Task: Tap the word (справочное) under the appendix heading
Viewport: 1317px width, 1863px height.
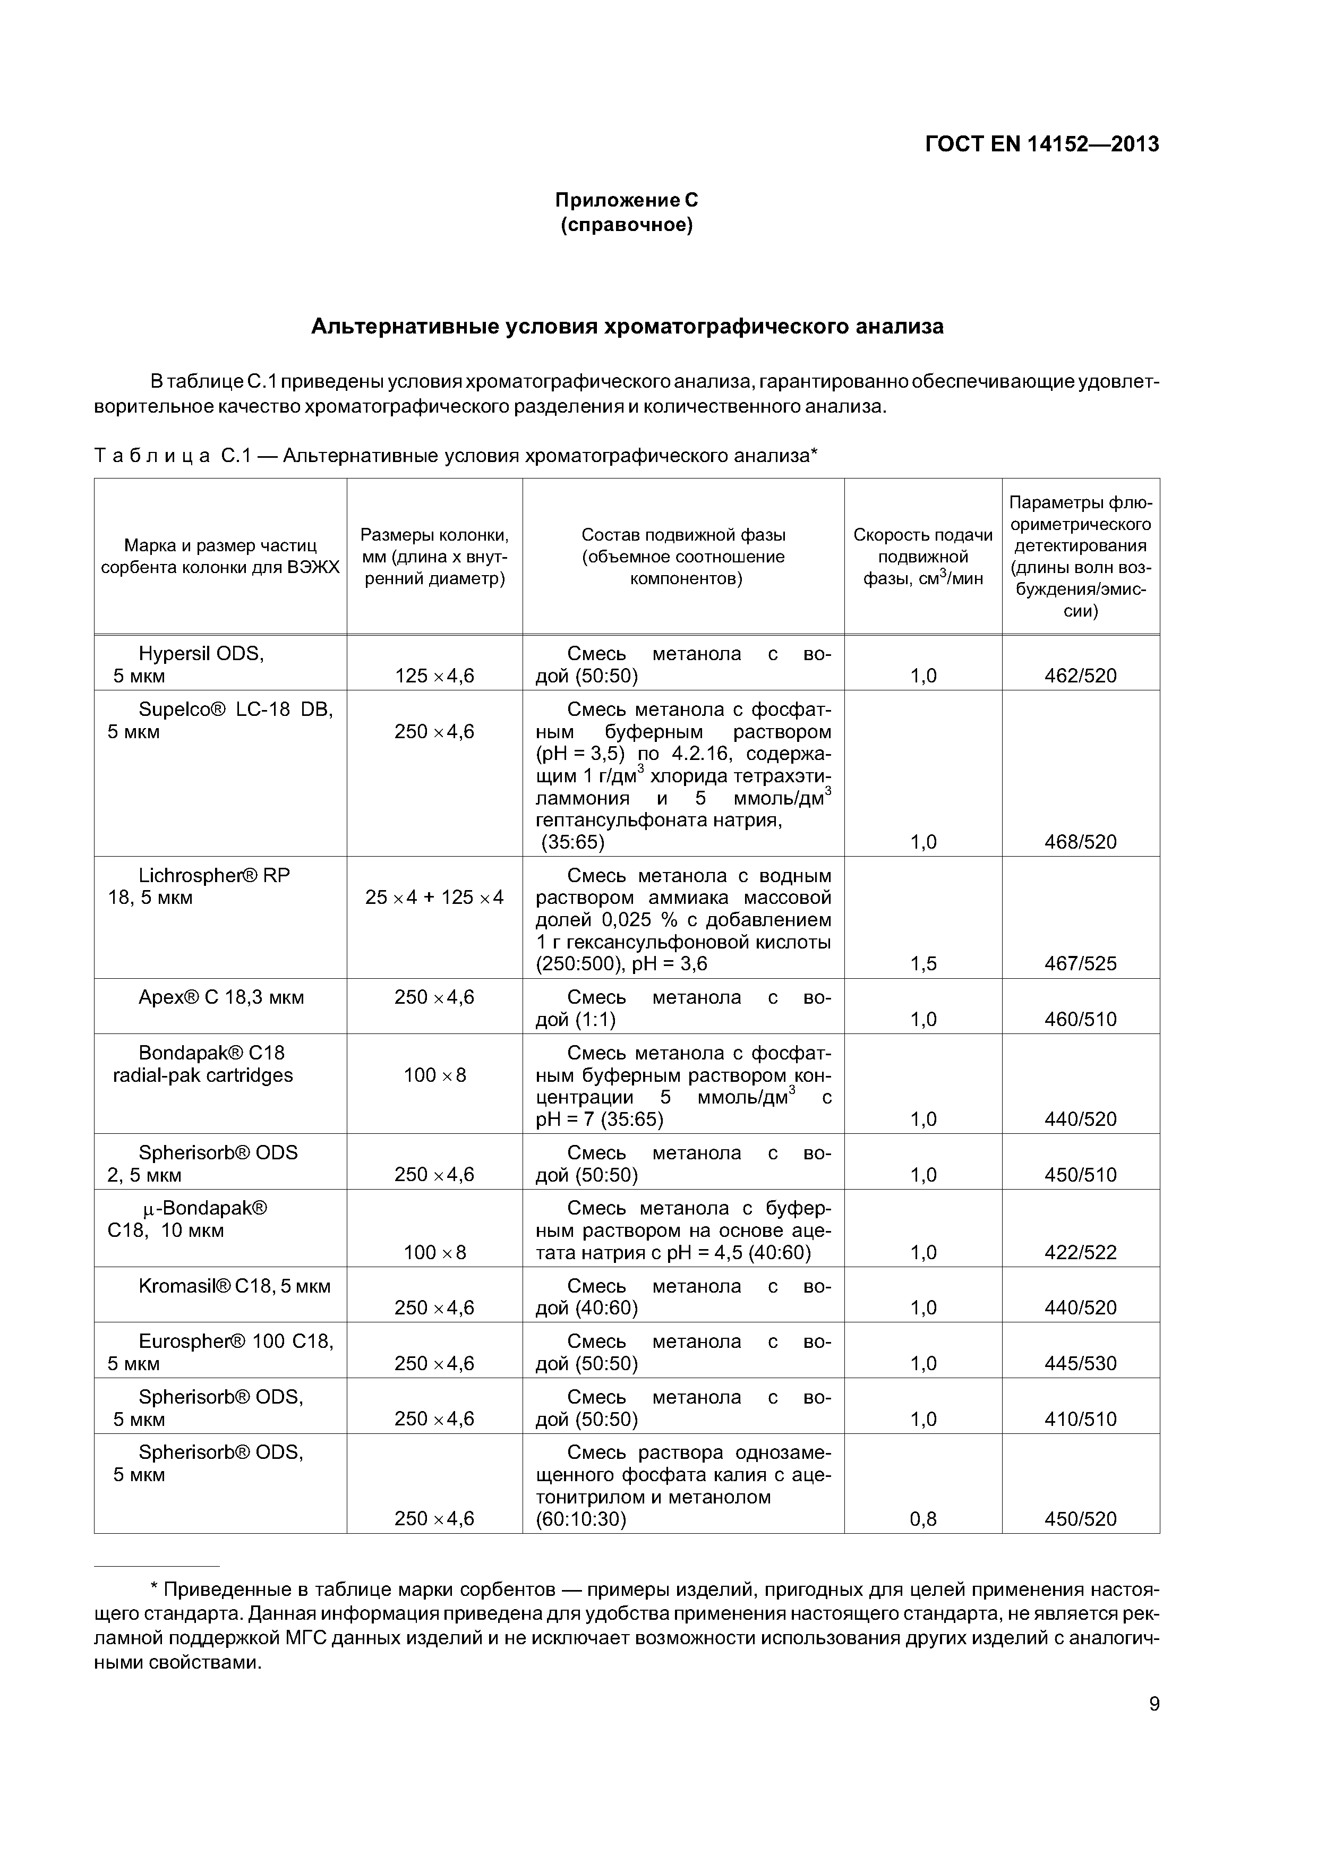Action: [x=627, y=225]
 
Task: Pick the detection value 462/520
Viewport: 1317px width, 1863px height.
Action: [x=1080, y=676]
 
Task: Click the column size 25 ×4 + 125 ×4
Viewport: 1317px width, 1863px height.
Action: [x=434, y=898]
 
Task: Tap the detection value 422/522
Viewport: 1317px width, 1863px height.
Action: [x=1080, y=1252]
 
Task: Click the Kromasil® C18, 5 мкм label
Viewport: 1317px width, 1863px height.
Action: [x=235, y=1286]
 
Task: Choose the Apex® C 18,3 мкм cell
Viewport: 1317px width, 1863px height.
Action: [x=221, y=997]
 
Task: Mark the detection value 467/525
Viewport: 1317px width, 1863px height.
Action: [x=1080, y=963]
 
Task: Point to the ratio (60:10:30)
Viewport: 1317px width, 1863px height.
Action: [x=581, y=1519]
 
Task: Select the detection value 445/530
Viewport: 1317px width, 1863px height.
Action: [x=1080, y=1363]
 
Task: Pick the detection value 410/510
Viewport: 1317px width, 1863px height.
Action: [x=1080, y=1419]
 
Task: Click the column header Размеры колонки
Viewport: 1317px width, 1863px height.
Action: [x=434, y=557]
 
